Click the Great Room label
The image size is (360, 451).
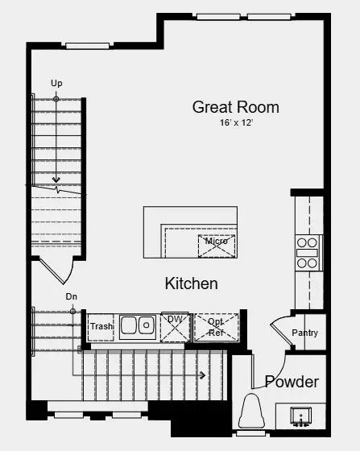pyautogui.click(x=235, y=106)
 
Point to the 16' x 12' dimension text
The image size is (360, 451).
pyautogui.click(x=235, y=123)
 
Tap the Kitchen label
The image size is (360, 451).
pyautogui.click(x=191, y=283)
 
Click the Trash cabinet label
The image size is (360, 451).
pyautogui.click(x=101, y=326)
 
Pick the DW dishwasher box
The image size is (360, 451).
pyautogui.click(x=175, y=325)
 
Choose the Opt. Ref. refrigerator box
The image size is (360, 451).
pyautogui.click(x=216, y=326)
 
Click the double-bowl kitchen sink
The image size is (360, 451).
pyautogui.click(x=137, y=325)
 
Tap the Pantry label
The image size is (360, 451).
pyautogui.click(x=304, y=333)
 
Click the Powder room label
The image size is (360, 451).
pyautogui.click(x=292, y=382)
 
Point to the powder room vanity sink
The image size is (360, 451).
pyautogui.click(x=301, y=417)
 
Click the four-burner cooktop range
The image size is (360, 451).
pyautogui.click(x=308, y=252)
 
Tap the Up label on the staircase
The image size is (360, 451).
pyautogui.click(x=56, y=83)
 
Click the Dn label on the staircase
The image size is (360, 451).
pyautogui.click(x=72, y=297)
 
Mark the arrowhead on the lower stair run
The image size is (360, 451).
pyautogui.click(x=203, y=374)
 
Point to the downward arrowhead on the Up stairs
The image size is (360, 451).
pyautogui.click(x=56, y=180)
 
